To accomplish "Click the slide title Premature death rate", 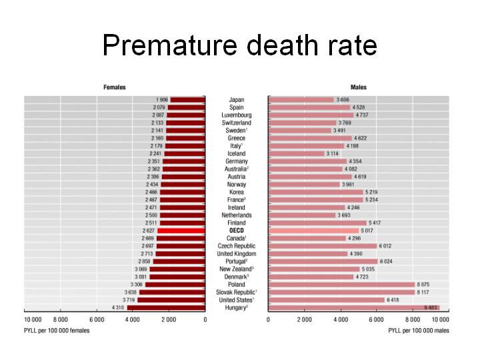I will pos(239,45).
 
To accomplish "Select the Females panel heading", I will pos(114,87).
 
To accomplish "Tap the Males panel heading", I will pos(358,87).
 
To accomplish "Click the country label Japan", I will pos(236,100).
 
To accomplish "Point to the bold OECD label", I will pos(236,231).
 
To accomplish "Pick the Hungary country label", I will pos(236,307).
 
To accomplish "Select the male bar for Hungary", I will pos(353,307).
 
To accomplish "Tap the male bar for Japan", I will pos(301,100).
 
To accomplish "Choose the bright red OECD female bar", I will pos(181,231).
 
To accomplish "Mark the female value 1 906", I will pos(161,100).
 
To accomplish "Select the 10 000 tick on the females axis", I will pos(33,320).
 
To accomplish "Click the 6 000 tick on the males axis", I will pos(377,320).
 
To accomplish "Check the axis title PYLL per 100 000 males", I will pos(419,330).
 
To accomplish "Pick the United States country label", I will pos(236,300).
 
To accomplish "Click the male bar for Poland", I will pos(341,284).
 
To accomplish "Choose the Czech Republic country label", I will pos(236,246).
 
